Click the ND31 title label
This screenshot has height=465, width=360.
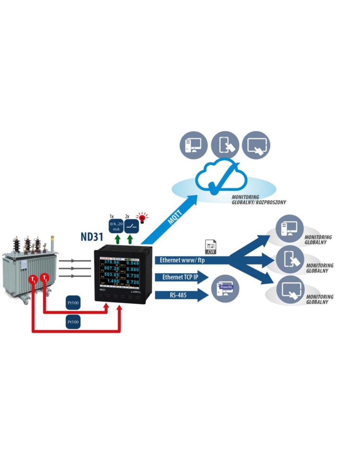92,236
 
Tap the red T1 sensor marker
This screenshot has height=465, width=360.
32,280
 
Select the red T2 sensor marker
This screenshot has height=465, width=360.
45,278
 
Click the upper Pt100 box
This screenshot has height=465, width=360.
73,303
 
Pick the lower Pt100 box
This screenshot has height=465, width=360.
73,322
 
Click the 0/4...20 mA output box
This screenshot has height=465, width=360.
116,226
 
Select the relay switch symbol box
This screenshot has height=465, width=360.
132,226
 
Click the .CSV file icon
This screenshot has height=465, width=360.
210,247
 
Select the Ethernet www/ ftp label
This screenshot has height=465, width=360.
182,260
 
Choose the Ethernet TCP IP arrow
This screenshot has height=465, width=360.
181,277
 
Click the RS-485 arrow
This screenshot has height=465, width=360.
178,295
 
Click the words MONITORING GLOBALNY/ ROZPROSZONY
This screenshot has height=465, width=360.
259,200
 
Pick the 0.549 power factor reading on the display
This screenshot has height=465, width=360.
133,263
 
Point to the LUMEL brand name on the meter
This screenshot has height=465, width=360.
135,291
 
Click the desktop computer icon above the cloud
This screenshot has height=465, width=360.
193,145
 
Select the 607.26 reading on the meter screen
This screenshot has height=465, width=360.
112,268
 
